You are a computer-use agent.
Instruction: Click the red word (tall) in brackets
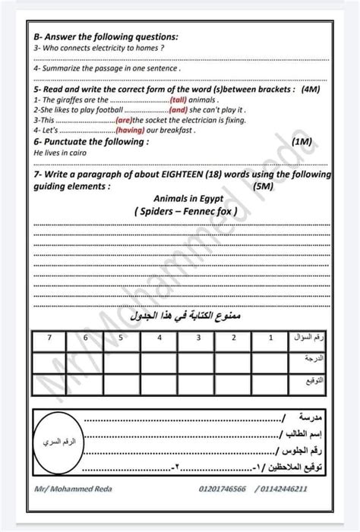tap(178, 99)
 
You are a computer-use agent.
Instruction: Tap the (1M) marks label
tap(301, 141)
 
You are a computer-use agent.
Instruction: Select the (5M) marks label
tap(265, 185)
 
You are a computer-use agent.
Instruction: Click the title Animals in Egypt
tap(185, 198)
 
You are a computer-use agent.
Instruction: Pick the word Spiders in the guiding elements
tap(158, 211)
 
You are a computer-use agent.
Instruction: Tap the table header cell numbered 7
tap(49, 335)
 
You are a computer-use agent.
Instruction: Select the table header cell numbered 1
tap(270, 335)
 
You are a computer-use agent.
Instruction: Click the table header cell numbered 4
tap(159, 335)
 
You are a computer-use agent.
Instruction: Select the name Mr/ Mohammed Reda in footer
tap(73, 489)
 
